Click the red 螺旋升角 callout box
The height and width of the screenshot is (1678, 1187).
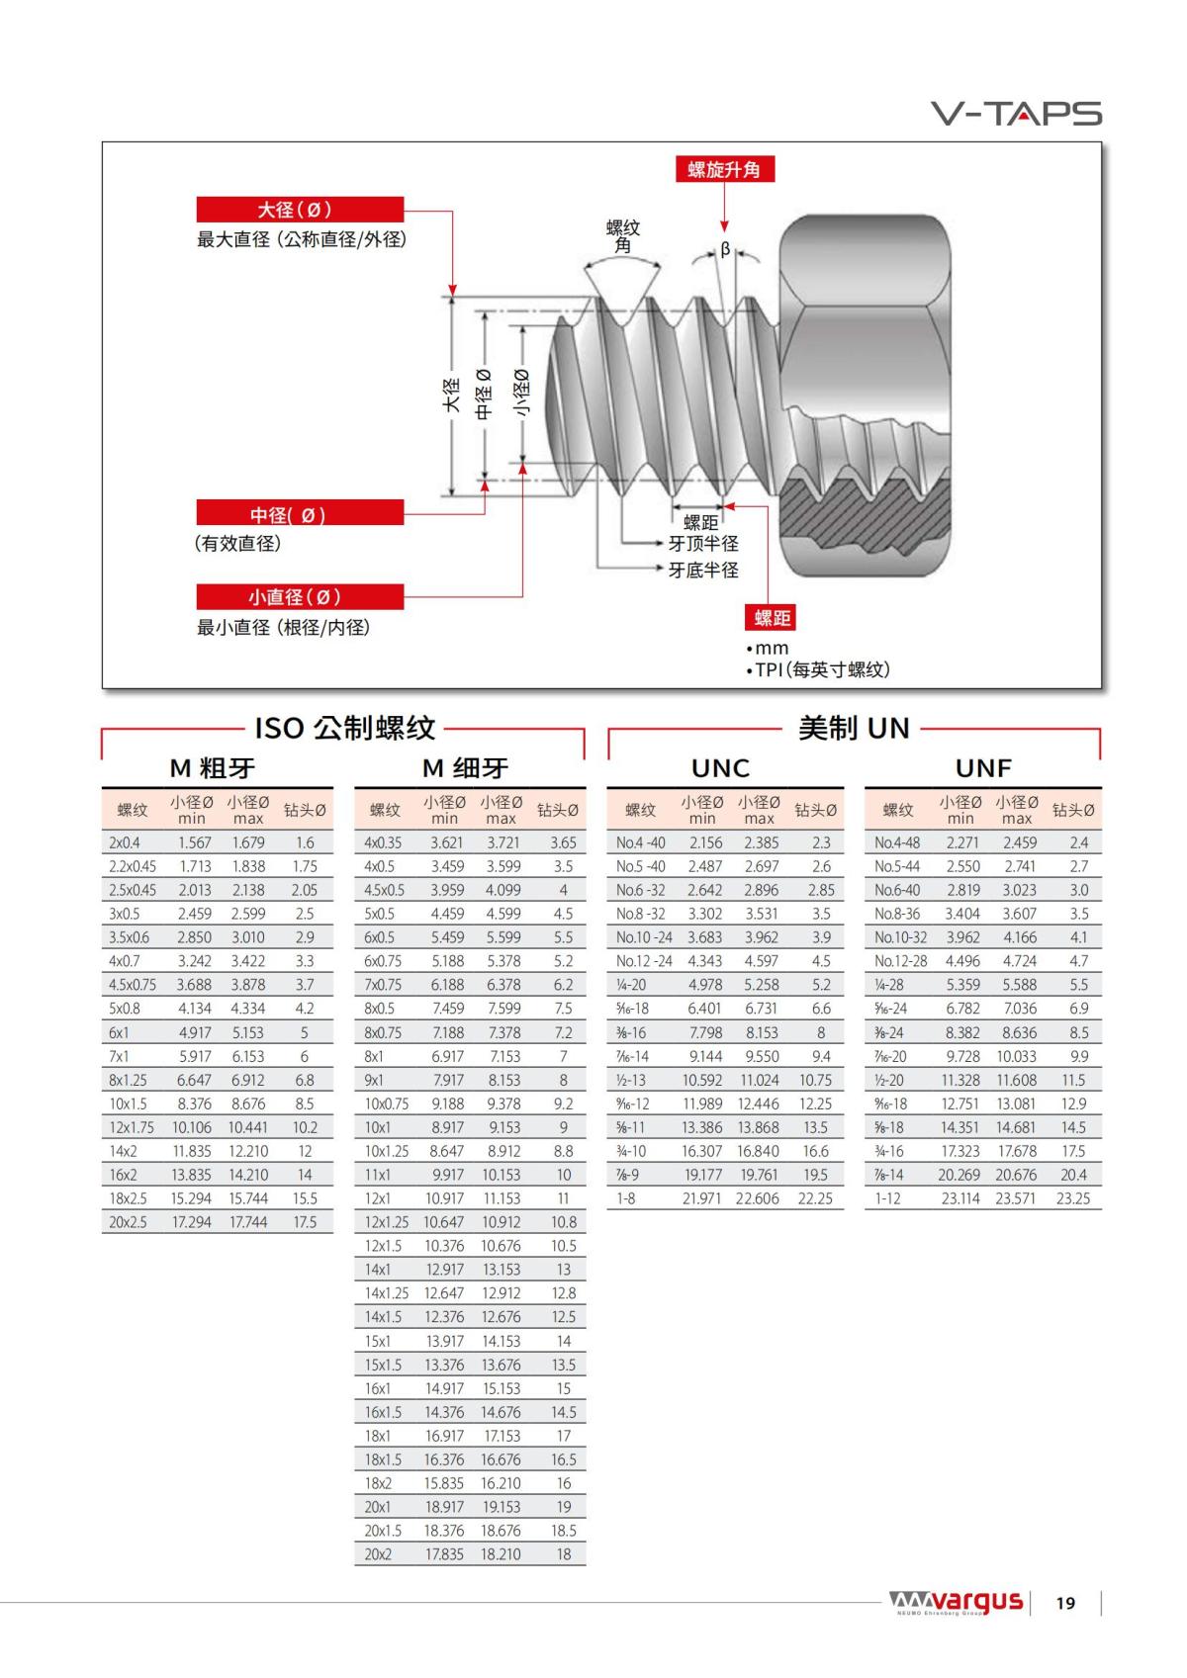(724, 169)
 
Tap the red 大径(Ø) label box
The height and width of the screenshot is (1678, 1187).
(300, 210)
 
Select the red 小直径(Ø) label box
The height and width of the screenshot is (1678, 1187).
(300, 597)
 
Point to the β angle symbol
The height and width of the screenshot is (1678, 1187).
(725, 250)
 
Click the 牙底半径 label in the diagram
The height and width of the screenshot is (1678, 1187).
(703, 570)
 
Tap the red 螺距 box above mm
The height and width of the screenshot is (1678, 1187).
(772, 618)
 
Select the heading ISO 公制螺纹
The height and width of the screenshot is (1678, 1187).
(344, 729)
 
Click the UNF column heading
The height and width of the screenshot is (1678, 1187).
(982, 768)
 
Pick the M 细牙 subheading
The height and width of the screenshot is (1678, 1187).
(465, 768)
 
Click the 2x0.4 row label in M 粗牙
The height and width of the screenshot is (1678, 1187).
(125, 842)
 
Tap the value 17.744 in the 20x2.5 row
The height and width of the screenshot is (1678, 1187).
(248, 1222)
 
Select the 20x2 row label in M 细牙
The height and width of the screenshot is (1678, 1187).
(378, 1554)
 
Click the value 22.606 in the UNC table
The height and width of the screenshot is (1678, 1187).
(757, 1198)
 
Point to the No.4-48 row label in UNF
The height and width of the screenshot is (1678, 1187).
(897, 842)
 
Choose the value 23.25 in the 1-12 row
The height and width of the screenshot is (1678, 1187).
(1073, 1198)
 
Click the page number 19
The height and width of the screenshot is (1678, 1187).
(1065, 1603)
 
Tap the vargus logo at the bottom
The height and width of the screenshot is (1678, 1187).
(956, 1602)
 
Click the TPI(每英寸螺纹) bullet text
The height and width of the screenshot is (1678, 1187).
(821, 669)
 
